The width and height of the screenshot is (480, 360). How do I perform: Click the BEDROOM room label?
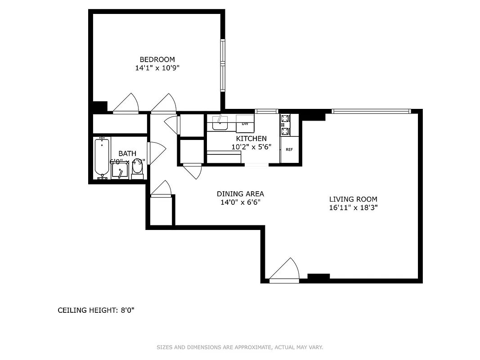coord(157,59)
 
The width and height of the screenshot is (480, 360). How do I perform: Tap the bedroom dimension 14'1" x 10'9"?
coord(157,68)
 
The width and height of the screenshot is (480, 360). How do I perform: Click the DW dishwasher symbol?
coord(245,123)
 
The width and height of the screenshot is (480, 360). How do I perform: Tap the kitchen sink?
coord(220,123)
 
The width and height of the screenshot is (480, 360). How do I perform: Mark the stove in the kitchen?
coord(285,126)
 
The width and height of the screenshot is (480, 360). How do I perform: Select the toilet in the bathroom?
coord(138,168)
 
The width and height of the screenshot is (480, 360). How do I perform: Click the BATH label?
coord(127,154)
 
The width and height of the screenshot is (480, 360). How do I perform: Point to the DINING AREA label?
coord(240,194)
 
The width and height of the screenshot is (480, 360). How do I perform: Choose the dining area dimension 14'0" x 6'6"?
coord(240,202)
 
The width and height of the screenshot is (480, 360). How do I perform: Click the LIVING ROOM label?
coord(353,199)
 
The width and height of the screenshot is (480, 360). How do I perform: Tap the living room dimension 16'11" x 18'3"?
coord(353,208)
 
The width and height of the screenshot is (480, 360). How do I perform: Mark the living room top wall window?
coord(371,111)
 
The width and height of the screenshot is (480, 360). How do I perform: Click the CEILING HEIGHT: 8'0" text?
coord(96,310)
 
